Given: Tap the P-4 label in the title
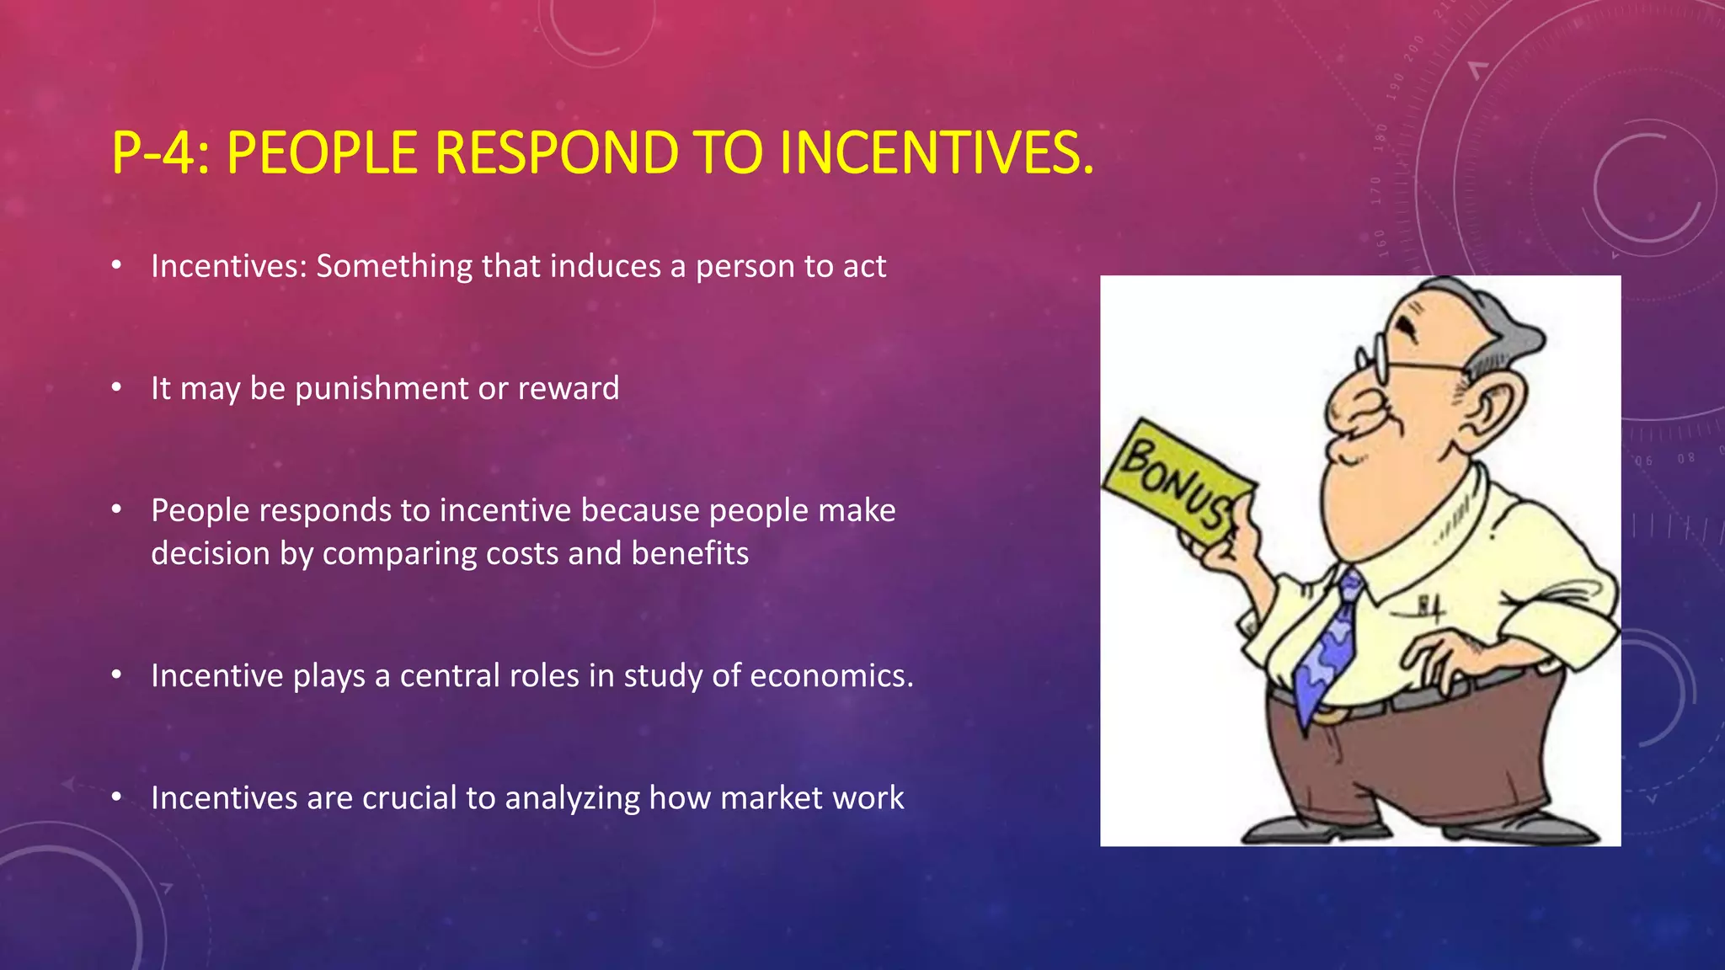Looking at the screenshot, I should tap(159, 153).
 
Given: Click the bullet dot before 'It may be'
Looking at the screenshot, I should tap(117, 388).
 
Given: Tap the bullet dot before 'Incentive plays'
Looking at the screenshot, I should tap(117, 675).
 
